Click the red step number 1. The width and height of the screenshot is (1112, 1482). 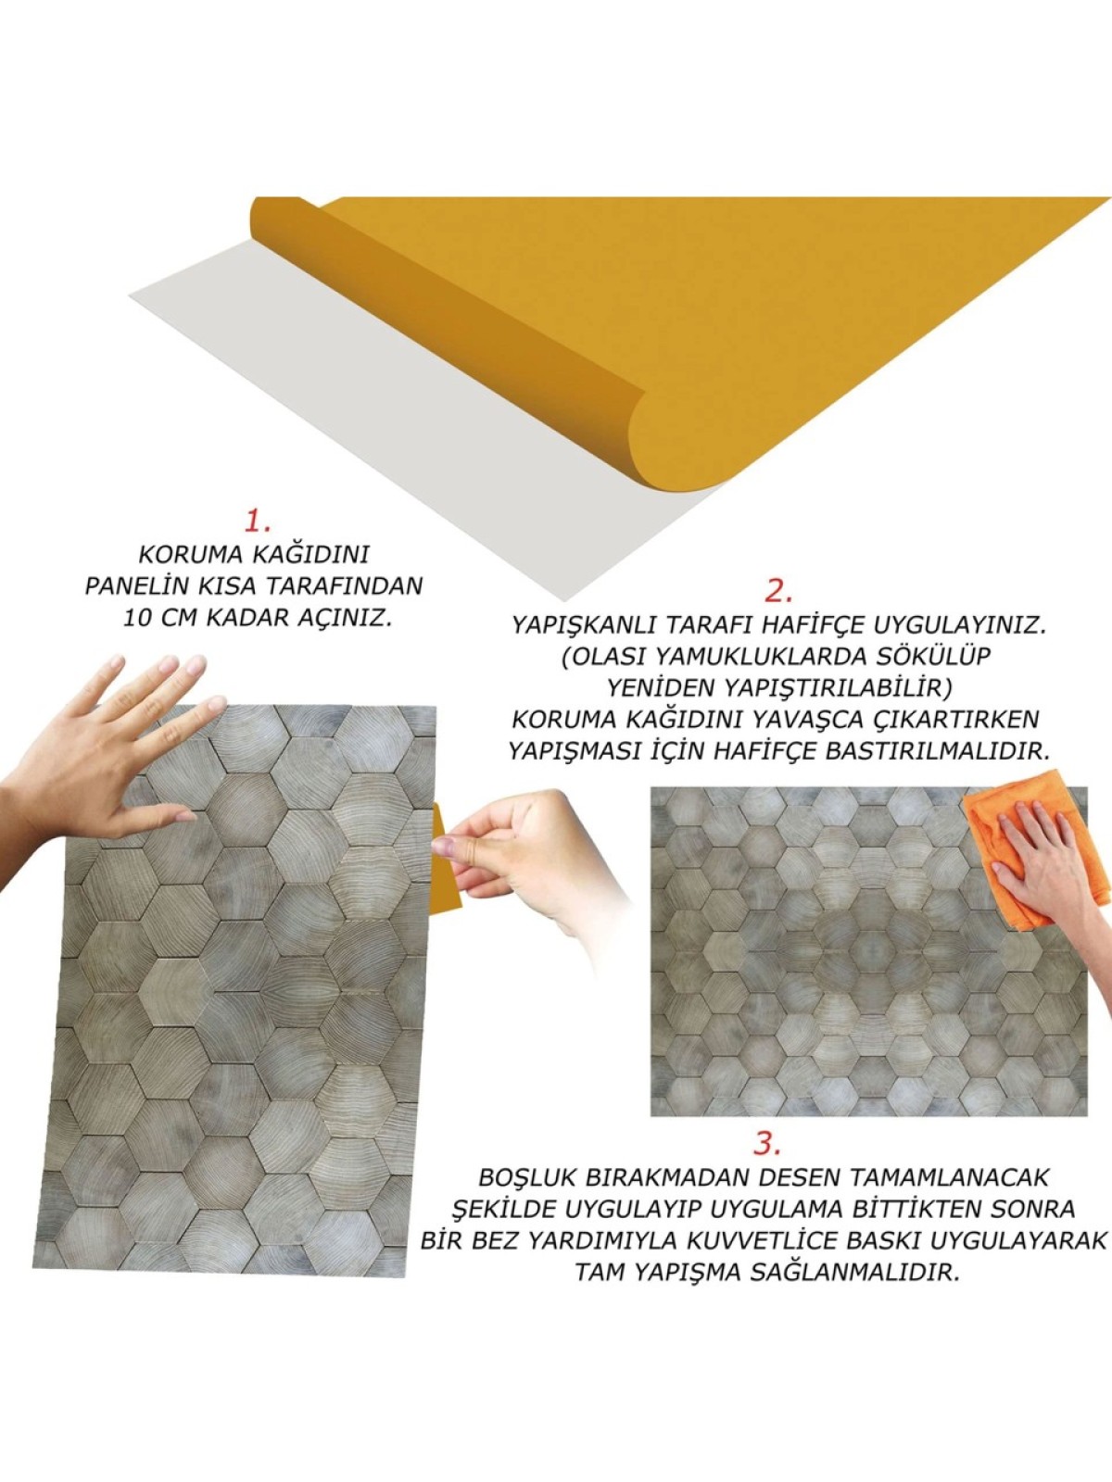(257, 521)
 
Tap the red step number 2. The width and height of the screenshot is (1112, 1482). (778, 591)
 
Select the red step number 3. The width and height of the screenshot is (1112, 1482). (766, 1143)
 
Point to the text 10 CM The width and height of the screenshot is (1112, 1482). (161, 618)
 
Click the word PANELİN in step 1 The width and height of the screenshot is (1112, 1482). (139, 586)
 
